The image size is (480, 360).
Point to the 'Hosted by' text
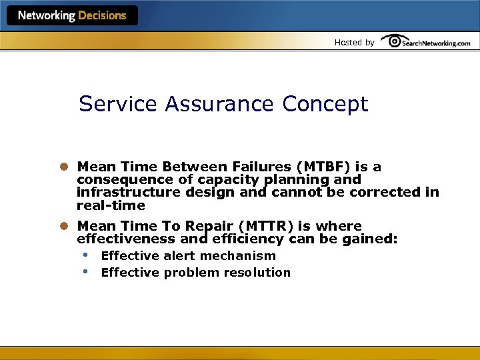coord(354,42)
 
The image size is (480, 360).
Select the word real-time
coord(111,205)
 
